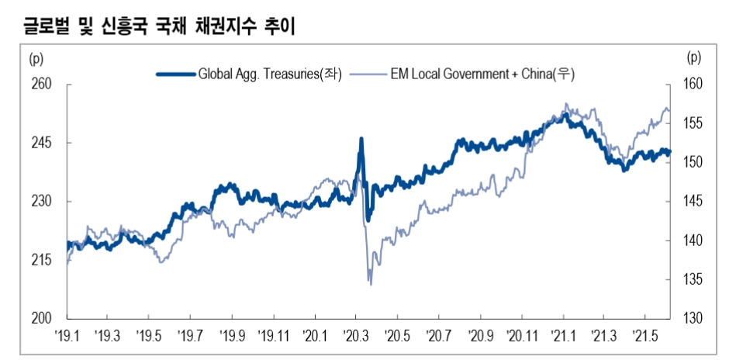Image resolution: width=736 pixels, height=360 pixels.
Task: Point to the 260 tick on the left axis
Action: coord(41,85)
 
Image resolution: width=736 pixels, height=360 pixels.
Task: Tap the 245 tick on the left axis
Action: coord(41,144)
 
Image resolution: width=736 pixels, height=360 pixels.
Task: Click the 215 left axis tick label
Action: coord(41,260)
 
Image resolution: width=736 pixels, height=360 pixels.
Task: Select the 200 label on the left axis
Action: coord(41,318)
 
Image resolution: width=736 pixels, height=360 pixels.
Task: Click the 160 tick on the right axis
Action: coord(693,85)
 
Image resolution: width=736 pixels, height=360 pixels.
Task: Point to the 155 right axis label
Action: coord(693,123)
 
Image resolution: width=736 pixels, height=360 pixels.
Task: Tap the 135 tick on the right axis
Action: coord(693,279)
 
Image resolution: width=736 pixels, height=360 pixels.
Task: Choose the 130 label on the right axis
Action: coord(693,318)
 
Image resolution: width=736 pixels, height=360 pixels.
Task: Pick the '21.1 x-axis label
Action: coord(564,336)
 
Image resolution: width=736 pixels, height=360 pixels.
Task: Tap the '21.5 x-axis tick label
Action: coord(646,336)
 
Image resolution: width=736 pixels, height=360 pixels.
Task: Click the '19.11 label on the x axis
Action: coord(275,336)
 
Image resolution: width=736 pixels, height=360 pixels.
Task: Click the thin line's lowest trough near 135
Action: coord(371,284)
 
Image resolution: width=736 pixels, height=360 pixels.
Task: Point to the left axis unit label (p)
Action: coord(36,57)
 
